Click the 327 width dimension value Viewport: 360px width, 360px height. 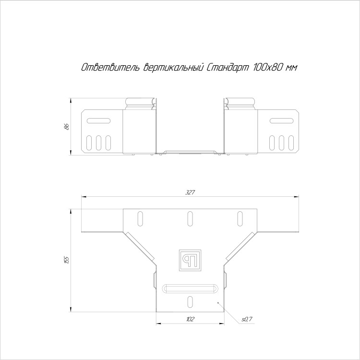coord(190,192)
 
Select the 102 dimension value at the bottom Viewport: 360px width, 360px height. coord(191,319)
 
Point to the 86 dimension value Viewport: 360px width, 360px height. coord(67,127)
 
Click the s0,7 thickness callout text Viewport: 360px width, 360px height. coord(247,319)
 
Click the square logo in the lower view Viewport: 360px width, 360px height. coord(190,260)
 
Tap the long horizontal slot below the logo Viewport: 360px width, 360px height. coord(190,288)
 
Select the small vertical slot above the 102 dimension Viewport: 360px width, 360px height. coord(190,302)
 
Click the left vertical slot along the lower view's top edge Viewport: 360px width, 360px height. coord(140,218)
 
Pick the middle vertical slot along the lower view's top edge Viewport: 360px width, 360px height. coord(190,218)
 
